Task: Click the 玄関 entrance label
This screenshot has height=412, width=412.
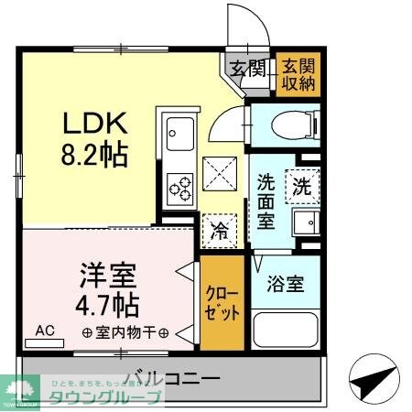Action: click(244, 68)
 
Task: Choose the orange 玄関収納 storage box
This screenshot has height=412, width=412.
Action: click(297, 74)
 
